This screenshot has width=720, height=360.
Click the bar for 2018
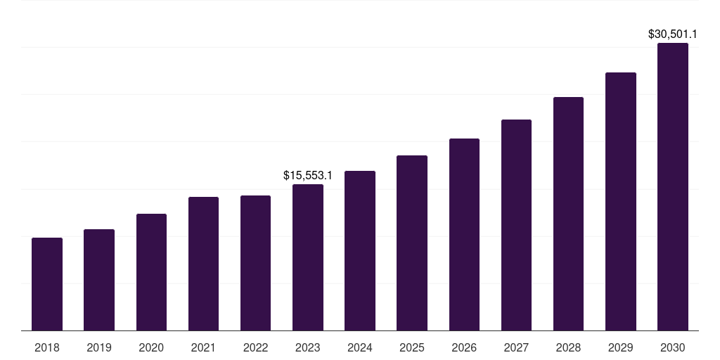pyautogui.click(x=47, y=284)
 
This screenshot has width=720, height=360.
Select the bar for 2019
pyautogui.click(x=99, y=280)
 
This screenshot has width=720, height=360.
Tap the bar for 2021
pyautogui.click(x=203, y=264)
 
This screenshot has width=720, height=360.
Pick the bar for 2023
pyautogui.click(x=308, y=257)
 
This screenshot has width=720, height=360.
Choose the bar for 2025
pyautogui.click(x=412, y=243)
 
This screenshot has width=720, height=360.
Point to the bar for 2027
pyautogui.click(x=516, y=225)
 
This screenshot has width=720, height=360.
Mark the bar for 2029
pyautogui.click(x=621, y=201)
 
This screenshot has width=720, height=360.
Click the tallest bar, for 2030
pyautogui.click(x=673, y=186)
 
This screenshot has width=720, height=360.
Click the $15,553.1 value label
pyautogui.click(x=308, y=174)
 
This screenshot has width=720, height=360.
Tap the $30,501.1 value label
pyautogui.click(x=673, y=33)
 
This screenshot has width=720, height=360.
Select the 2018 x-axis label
pyautogui.click(x=47, y=347)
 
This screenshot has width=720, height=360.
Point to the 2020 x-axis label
pyautogui.click(x=151, y=347)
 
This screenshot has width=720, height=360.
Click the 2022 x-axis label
pyautogui.click(x=255, y=347)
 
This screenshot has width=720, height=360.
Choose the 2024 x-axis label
pyautogui.click(x=360, y=347)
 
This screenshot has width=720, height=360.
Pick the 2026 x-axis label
pyautogui.click(x=464, y=347)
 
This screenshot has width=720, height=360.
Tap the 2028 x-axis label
pyautogui.click(x=568, y=347)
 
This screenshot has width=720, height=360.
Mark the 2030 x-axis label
pyautogui.click(x=673, y=347)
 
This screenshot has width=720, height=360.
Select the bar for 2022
pyautogui.click(x=255, y=263)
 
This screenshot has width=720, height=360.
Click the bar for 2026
pyautogui.click(x=464, y=234)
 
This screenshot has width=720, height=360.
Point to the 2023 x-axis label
pyautogui.click(x=308, y=347)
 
